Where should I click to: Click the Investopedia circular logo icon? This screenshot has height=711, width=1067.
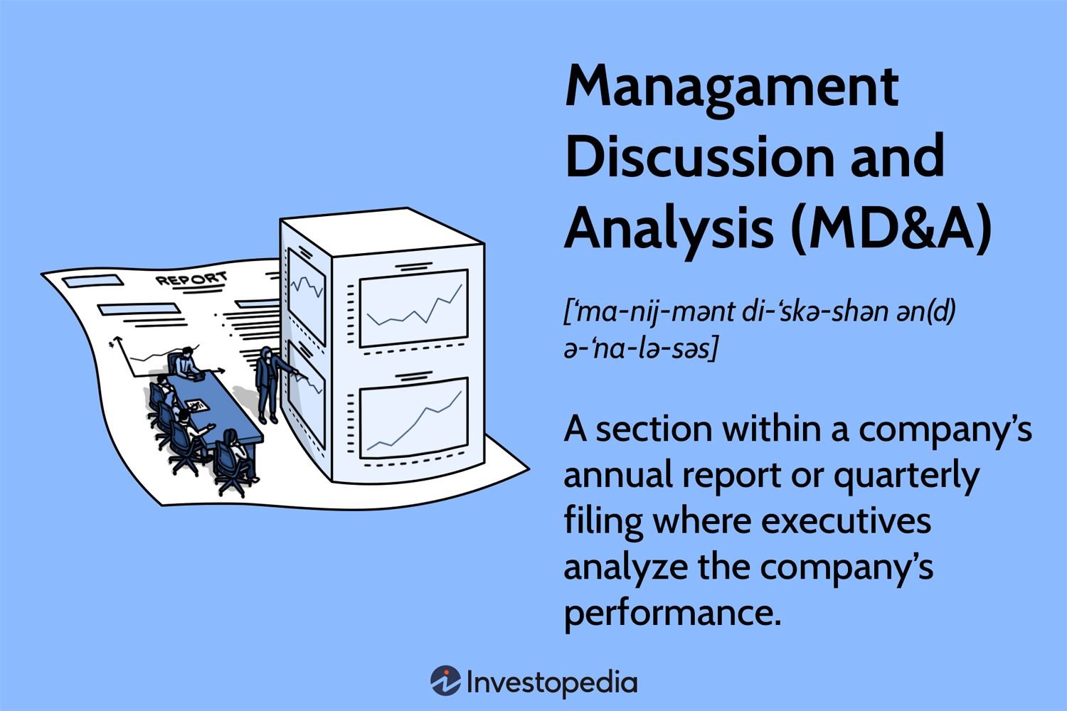pos(445,680)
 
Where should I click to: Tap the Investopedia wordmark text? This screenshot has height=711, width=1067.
pos(552,683)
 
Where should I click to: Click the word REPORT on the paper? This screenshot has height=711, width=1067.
pos(191,279)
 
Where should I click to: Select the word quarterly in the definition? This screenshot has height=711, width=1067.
pos(906,476)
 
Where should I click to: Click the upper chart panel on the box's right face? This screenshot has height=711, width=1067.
pos(413,308)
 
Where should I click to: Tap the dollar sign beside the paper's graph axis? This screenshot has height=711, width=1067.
pos(112,343)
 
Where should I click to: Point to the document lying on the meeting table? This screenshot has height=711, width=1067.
pos(197,405)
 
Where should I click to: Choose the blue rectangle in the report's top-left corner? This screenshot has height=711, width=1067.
pos(93,282)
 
